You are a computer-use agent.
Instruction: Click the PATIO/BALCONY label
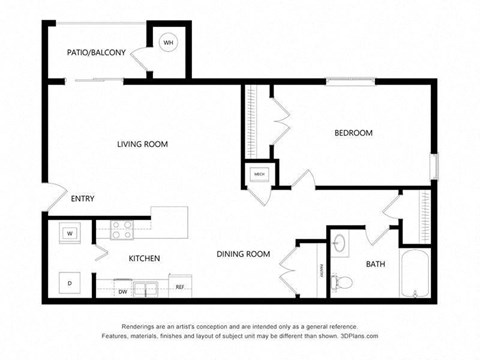coord(96,51)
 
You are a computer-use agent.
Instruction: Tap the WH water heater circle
coord(168,43)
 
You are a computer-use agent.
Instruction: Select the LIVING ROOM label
coord(142,144)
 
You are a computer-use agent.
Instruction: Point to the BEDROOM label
coord(353,133)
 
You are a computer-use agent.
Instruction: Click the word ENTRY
coord(82,198)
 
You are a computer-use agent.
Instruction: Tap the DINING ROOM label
coord(243,254)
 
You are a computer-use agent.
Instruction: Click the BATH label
coord(375,264)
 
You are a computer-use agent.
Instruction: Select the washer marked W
coord(70,234)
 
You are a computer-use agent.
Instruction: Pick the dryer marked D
coord(70,282)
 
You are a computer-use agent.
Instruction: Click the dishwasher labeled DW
coord(122,291)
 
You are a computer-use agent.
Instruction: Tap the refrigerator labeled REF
coord(180,287)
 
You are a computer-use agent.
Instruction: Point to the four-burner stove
coord(122,230)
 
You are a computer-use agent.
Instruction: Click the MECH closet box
coord(258,174)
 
